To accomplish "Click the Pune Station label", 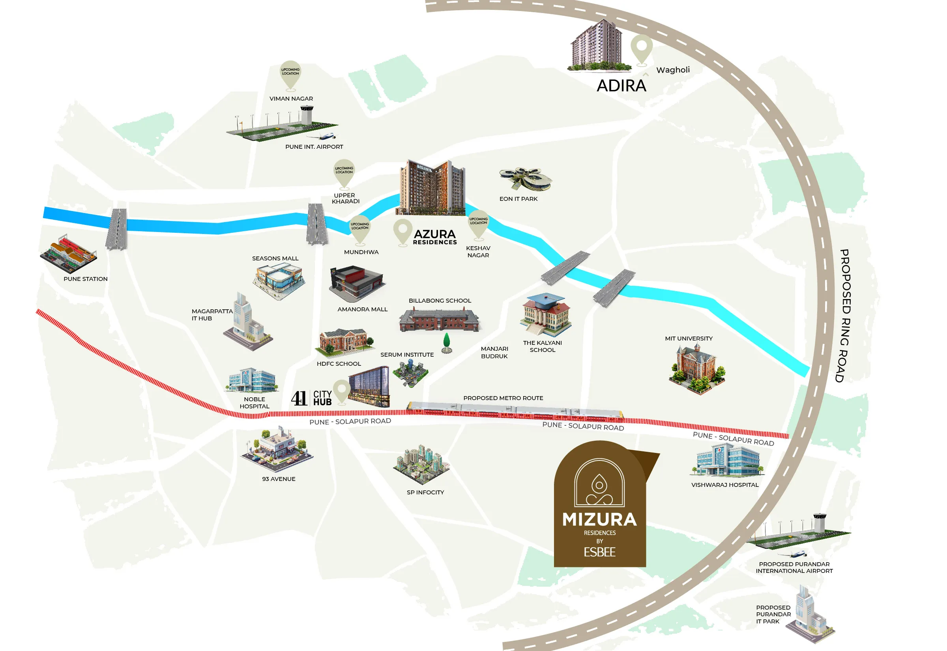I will point(86,279).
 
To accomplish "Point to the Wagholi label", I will point(673,70).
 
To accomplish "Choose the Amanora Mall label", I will point(363,310).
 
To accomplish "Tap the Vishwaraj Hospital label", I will point(725,485).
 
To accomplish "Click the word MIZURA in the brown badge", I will point(599,520).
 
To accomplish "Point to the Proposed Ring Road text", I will point(845,316).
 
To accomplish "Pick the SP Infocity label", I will point(425,492).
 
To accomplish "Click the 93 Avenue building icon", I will point(277,449).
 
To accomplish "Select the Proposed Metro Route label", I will point(503,398).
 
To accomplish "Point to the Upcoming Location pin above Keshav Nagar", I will point(478,224).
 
